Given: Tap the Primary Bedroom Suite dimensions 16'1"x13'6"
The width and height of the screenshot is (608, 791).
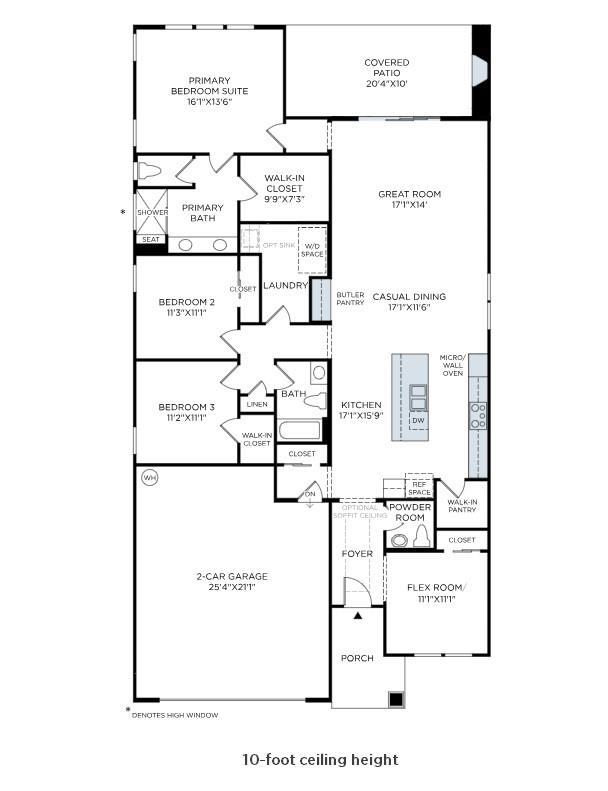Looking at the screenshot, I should [209, 102].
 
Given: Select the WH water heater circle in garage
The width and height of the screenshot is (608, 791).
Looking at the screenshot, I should [150, 478].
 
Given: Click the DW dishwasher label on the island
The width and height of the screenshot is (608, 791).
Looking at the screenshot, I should [418, 420].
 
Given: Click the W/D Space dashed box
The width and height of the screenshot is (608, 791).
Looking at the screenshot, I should [313, 250].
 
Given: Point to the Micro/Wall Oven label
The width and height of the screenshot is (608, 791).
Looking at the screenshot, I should [453, 366].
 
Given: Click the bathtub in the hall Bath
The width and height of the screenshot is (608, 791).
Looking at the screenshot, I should [300, 431].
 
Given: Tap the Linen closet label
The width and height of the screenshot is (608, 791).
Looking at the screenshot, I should [256, 404].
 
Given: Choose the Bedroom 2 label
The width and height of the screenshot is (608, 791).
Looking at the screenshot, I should [187, 301].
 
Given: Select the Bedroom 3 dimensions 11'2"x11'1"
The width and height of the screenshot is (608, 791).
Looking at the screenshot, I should [187, 418].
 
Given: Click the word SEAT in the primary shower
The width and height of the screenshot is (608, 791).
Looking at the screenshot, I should [150, 239].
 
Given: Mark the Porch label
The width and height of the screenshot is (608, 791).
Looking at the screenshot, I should [357, 658].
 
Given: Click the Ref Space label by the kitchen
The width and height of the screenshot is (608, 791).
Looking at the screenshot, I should [419, 486].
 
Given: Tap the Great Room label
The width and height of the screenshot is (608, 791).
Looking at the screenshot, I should [409, 194].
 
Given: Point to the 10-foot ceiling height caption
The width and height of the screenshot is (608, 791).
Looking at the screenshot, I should [320, 760].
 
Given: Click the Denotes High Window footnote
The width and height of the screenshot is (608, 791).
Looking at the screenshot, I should [175, 715].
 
